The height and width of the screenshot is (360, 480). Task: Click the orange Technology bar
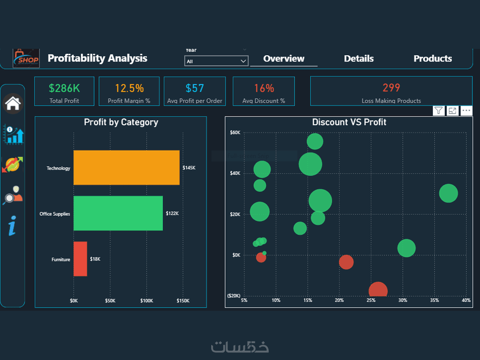[x=126, y=168]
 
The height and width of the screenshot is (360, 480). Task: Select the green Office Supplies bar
[x=118, y=213]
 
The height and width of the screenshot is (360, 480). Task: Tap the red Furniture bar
[x=80, y=259]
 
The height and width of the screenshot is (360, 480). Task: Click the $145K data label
[x=189, y=168]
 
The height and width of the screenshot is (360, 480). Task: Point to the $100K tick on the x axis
[x=146, y=300]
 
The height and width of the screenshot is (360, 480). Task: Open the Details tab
[x=359, y=59]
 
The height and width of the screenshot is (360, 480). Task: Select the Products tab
[x=432, y=59]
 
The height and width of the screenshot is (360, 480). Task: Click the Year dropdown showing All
[x=216, y=61]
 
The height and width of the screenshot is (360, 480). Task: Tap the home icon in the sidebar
[x=13, y=103]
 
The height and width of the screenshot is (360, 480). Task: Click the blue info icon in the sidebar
[x=12, y=226]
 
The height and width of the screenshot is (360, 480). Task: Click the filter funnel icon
[x=438, y=110]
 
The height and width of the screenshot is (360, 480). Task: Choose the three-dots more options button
[x=466, y=110]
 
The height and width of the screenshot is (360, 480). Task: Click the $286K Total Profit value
[x=64, y=88]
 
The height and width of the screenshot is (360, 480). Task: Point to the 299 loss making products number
[x=391, y=88]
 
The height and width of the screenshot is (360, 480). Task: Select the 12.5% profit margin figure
[x=129, y=88]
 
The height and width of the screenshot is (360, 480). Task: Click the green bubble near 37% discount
[x=448, y=193]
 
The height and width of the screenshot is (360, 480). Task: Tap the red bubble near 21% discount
[x=346, y=262]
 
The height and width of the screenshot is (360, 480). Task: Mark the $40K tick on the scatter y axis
[x=235, y=173]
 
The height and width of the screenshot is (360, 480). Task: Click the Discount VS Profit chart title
[x=349, y=122]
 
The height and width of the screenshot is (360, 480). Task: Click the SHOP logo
[x=26, y=58]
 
